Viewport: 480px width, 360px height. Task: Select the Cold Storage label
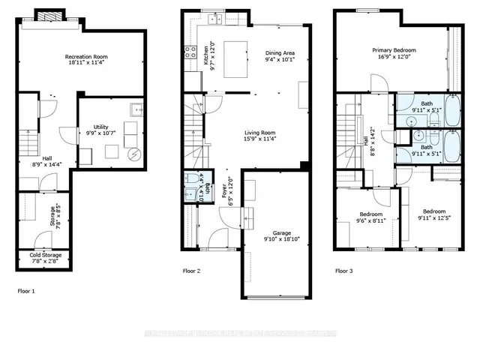(x=46, y=256)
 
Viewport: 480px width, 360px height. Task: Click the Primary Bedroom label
(x=394, y=50)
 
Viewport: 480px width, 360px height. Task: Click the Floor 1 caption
(x=26, y=289)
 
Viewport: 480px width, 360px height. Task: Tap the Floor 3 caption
(x=344, y=271)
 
